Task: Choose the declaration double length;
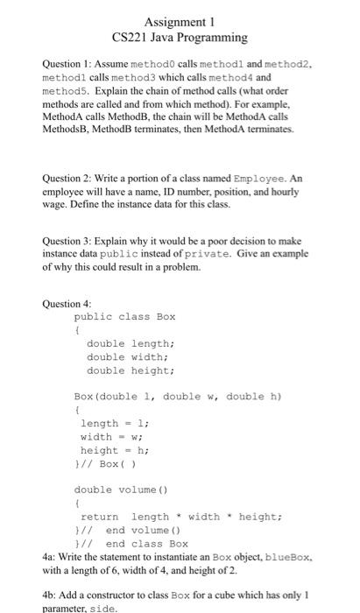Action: [131, 344]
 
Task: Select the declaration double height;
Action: [131, 370]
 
